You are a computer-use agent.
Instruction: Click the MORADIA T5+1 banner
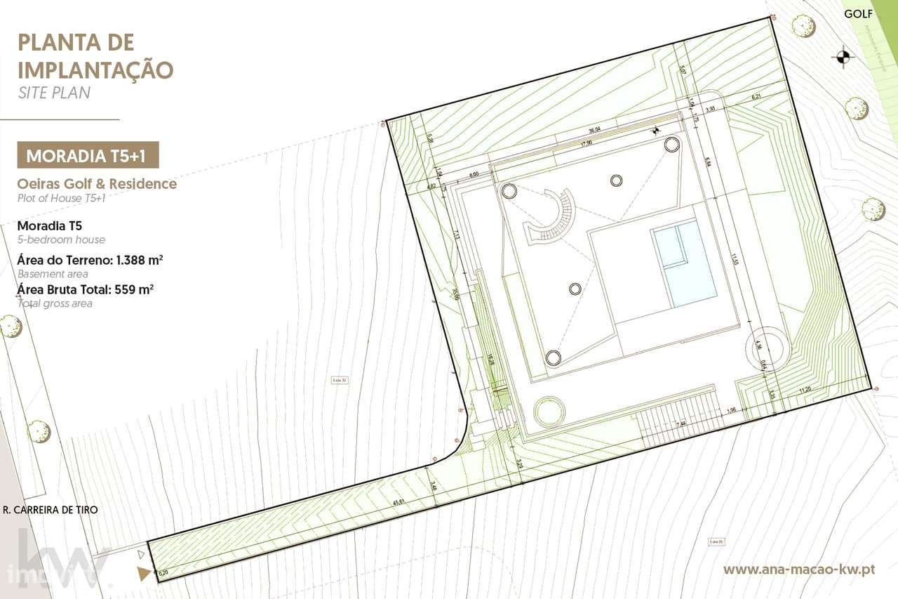click(88, 155)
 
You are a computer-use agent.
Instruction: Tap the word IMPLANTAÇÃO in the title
click(95, 70)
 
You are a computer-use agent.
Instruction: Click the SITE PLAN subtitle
click(54, 93)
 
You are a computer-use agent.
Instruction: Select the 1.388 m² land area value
click(140, 261)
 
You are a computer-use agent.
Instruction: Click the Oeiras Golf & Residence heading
click(97, 184)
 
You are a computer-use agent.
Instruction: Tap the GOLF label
click(858, 14)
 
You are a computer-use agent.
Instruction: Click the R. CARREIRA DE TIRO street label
click(51, 510)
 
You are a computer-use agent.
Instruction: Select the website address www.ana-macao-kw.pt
click(798, 569)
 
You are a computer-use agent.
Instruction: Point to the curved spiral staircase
click(552, 218)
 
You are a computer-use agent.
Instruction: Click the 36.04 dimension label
click(594, 130)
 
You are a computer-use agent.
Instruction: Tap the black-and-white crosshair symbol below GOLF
click(843, 57)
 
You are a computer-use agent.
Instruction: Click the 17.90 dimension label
click(587, 143)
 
